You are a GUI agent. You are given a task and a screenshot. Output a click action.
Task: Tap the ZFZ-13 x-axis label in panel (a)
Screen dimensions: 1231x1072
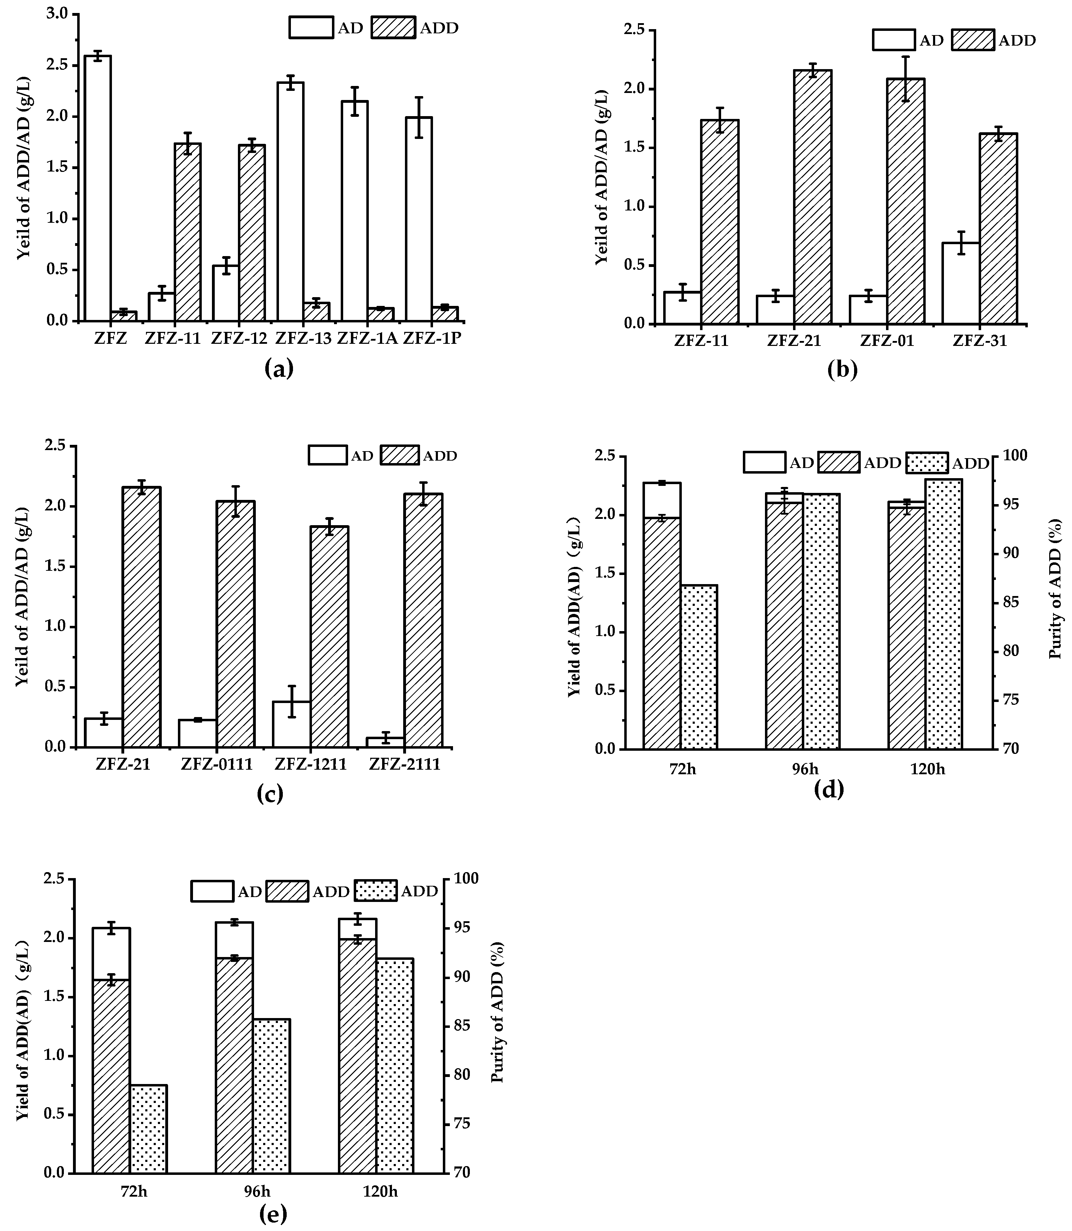point(303,339)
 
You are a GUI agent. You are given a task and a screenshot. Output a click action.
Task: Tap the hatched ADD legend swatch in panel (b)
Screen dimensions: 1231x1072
point(973,40)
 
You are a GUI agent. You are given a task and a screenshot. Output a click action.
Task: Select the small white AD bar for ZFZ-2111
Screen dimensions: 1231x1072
point(385,742)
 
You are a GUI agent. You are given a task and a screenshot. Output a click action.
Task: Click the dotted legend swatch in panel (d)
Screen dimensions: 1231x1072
point(927,463)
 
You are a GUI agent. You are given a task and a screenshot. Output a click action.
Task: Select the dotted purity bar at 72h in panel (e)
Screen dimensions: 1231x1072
point(148,1128)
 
